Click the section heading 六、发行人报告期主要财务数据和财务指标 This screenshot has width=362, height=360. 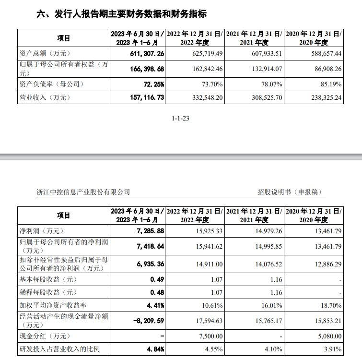[x=122, y=14]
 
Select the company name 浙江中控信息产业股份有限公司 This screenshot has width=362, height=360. [x=83, y=192]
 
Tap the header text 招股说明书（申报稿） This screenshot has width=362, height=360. [x=290, y=192]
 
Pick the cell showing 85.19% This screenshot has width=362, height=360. [x=329, y=84]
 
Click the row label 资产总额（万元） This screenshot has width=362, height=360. [x=45, y=54]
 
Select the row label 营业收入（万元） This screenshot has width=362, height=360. [x=45, y=97]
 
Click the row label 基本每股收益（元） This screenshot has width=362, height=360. [x=48, y=279]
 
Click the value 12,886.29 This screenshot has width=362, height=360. [x=324, y=264]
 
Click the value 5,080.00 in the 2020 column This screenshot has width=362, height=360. [x=326, y=336]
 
